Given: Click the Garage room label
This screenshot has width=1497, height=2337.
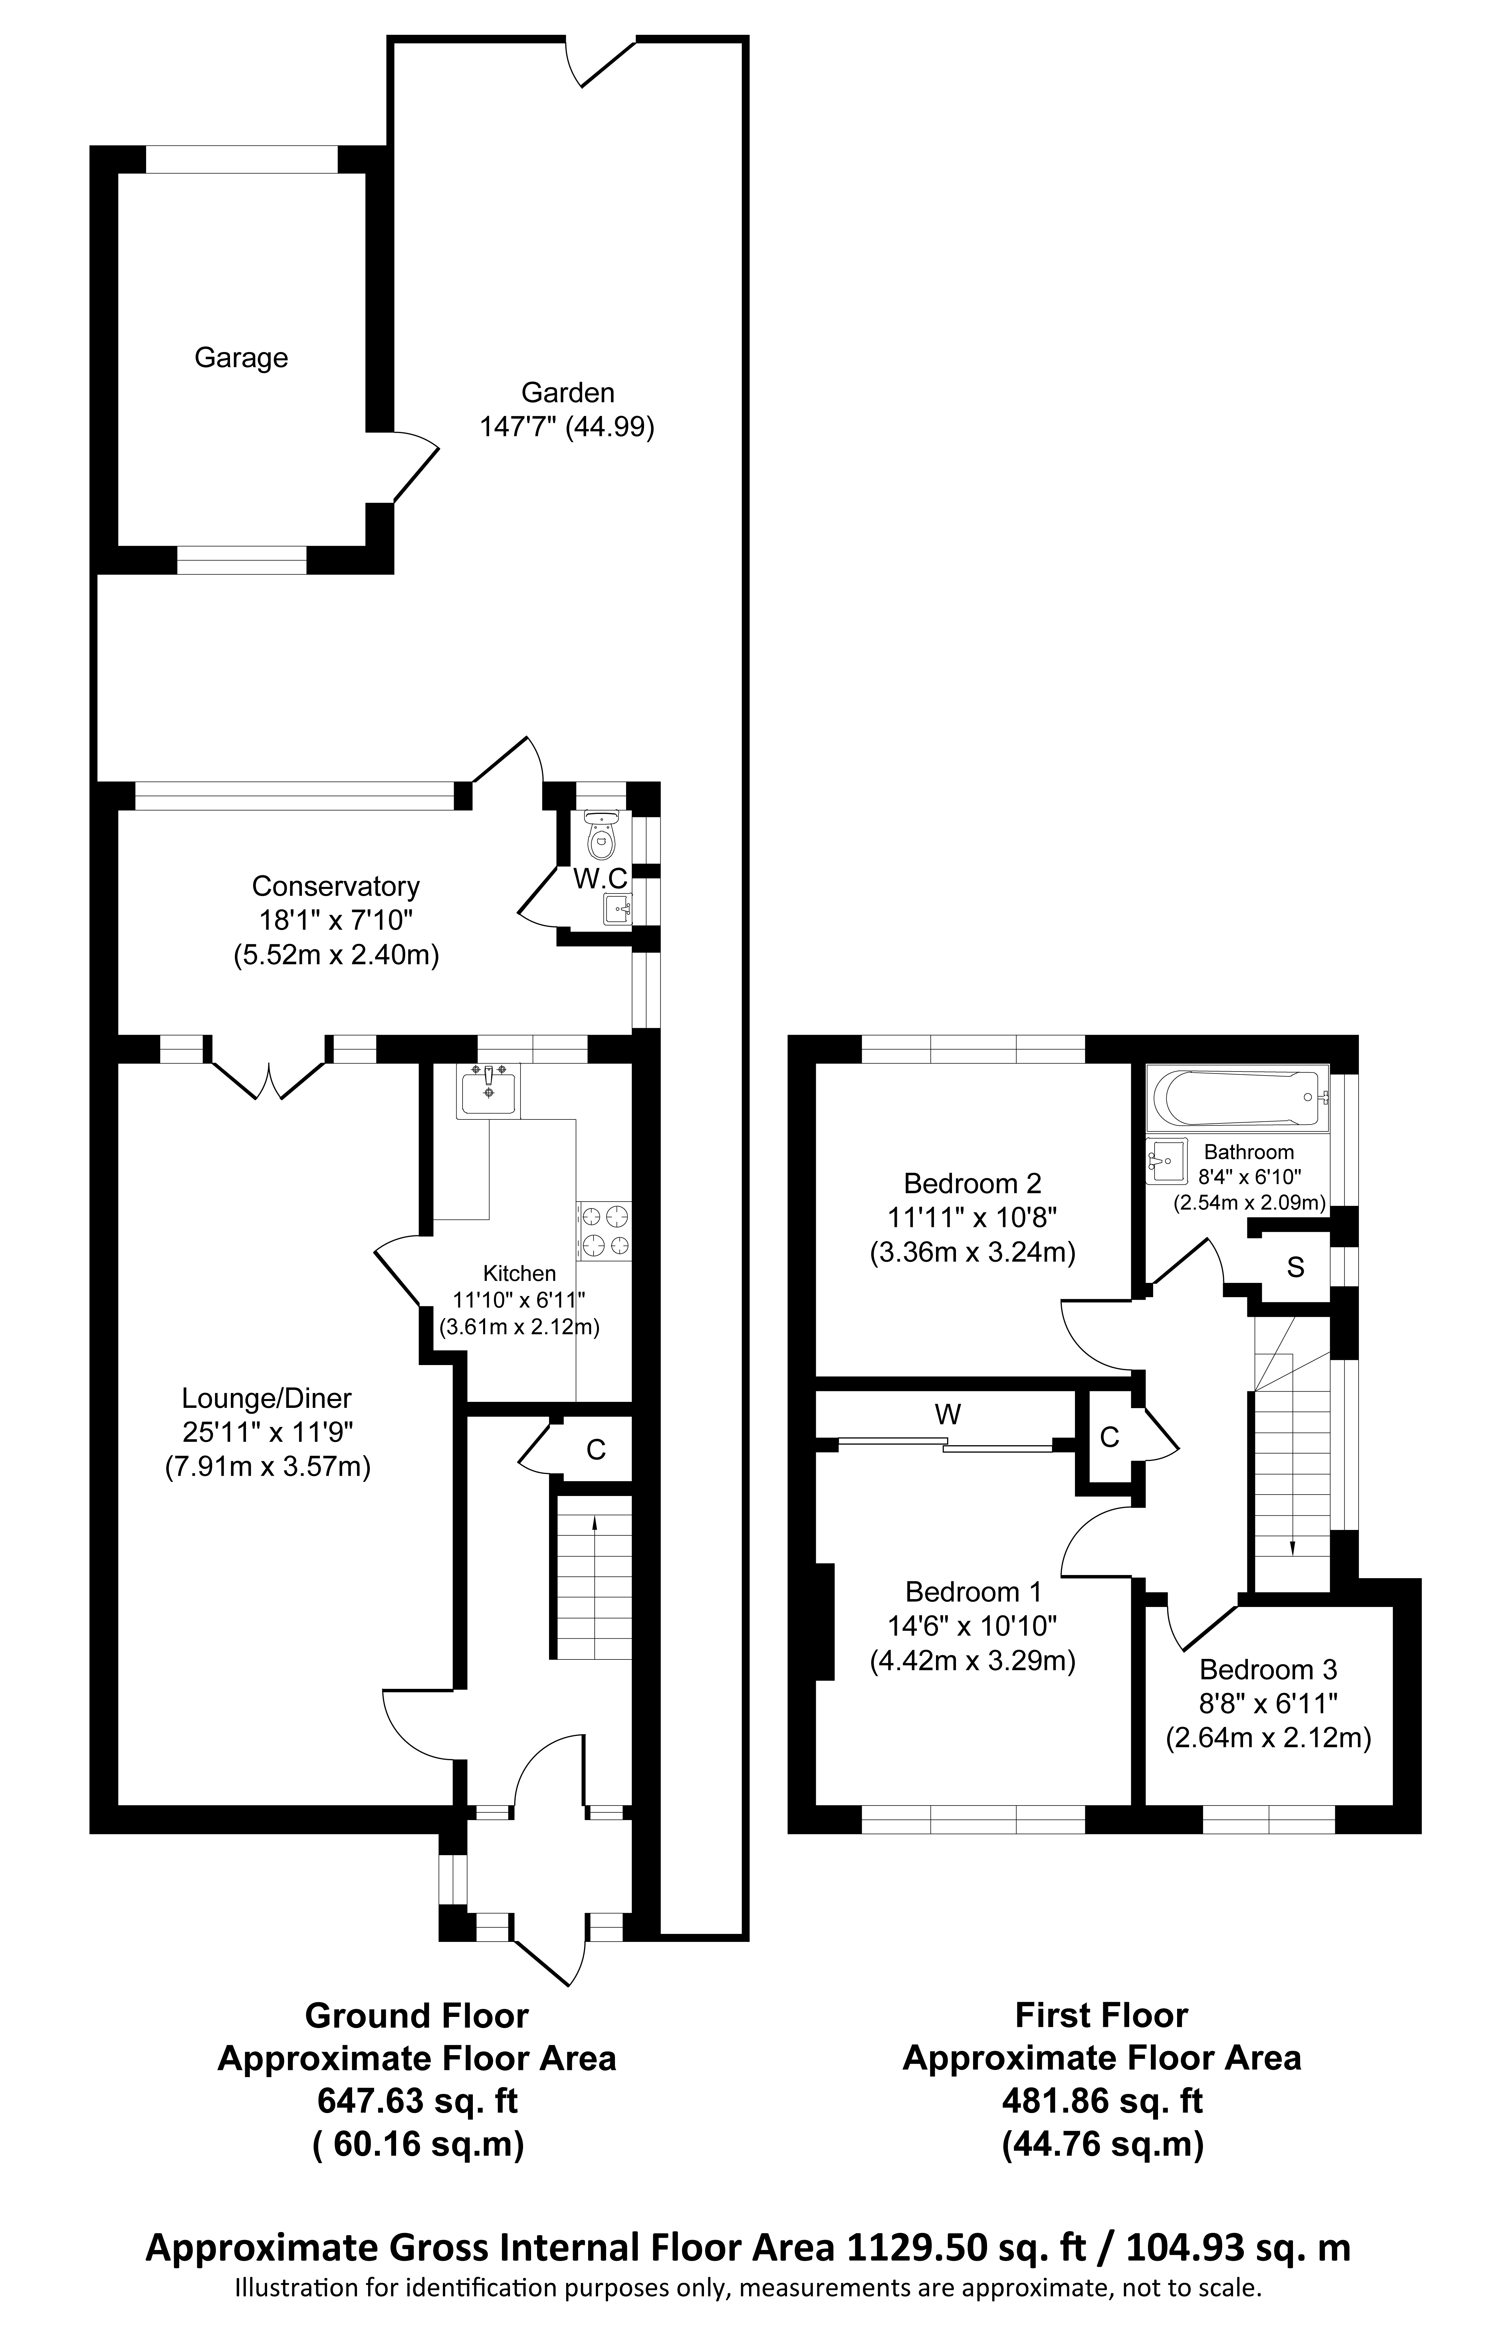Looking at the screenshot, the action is pyautogui.click(x=241, y=359).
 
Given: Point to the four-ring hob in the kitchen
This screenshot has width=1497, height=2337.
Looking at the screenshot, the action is pyautogui.click(x=604, y=1231).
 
